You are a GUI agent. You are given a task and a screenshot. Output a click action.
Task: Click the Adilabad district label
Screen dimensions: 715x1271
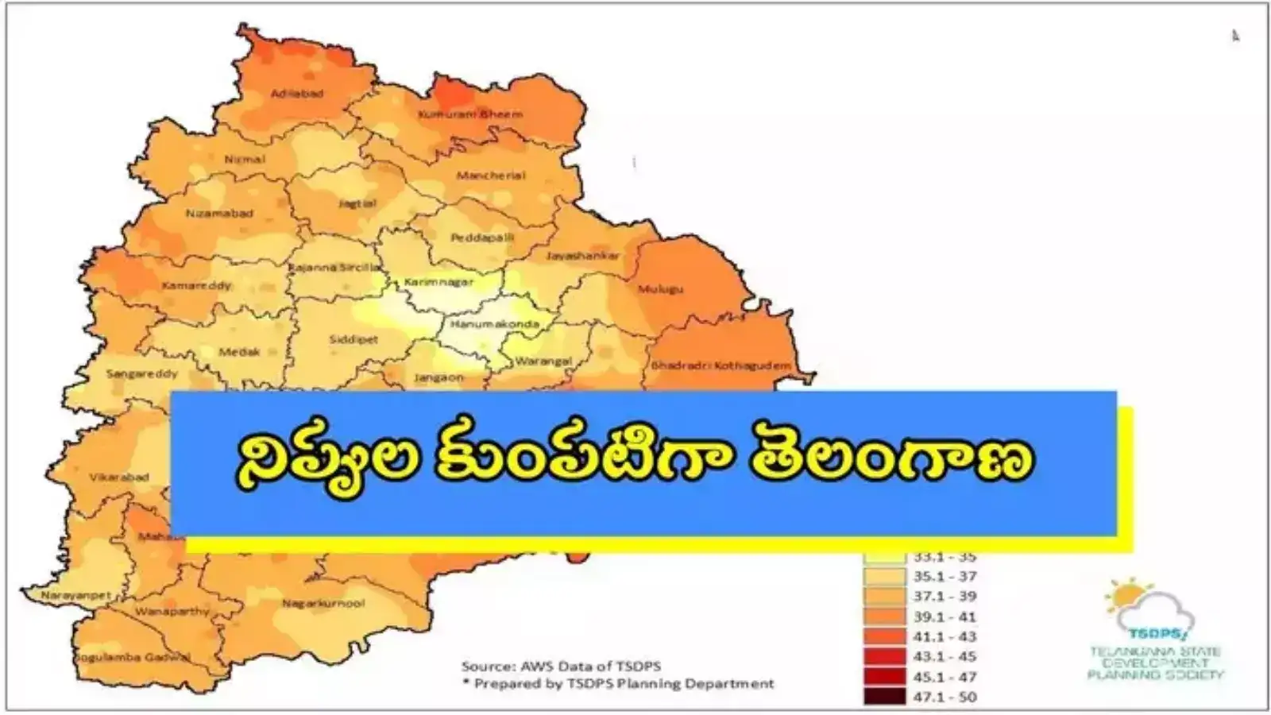297,94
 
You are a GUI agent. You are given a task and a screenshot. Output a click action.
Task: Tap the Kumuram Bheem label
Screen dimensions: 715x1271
470,114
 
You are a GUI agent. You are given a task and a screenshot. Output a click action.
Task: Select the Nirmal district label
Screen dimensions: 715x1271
244,160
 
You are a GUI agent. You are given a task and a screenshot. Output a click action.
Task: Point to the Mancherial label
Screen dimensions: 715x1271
491,176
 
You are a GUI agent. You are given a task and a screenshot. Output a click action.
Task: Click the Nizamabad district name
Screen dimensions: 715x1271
219,214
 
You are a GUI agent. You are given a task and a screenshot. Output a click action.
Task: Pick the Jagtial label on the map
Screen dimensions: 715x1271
357,203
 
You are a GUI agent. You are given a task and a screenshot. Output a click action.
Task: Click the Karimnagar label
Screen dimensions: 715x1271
438,282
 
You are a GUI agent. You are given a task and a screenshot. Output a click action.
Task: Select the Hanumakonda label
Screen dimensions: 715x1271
494,324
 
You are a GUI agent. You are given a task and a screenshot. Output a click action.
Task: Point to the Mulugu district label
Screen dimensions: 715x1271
660,289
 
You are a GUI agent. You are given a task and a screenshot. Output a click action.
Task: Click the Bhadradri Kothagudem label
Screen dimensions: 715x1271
720,365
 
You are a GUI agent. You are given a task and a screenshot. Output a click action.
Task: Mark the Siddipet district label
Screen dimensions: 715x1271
353,340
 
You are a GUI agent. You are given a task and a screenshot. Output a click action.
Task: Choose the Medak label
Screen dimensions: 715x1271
239,351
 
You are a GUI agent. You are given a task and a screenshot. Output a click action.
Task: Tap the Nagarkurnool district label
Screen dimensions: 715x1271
323,604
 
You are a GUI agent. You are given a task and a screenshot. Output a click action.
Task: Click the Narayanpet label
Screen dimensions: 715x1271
65,595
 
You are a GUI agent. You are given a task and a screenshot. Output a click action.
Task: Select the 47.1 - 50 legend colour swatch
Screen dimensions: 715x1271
884,697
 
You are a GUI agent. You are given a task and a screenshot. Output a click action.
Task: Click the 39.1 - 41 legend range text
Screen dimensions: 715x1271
945,616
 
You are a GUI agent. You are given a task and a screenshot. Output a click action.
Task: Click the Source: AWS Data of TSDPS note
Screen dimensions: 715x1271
561,666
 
